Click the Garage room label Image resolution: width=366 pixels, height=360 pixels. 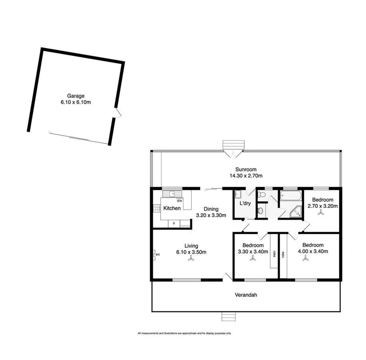click(x=76, y=96)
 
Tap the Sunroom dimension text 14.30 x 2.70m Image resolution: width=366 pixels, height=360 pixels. click(x=246, y=176)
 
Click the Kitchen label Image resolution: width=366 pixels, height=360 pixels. click(x=172, y=208)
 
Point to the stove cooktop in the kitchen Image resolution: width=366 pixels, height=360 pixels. click(x=157, y=208)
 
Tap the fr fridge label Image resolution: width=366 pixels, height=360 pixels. click(x=174, y=224)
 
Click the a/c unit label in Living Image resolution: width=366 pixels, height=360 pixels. click(x=157, y=254)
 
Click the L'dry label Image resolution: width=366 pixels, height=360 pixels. click(x=245, y=204)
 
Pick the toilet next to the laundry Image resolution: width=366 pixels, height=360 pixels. click(x=262, y=195)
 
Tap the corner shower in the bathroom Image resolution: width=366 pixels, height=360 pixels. click(x=296, y=212)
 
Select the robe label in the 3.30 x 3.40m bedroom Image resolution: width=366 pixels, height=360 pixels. click(x=274, y=254)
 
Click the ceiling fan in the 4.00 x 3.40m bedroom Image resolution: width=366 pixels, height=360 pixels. click(x=306, y=259)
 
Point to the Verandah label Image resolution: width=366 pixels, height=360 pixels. click(x=245, y=295)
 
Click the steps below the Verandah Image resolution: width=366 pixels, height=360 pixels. click(x=229, y=317)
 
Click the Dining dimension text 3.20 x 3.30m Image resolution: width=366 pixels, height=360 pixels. click(x=211, y=215)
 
